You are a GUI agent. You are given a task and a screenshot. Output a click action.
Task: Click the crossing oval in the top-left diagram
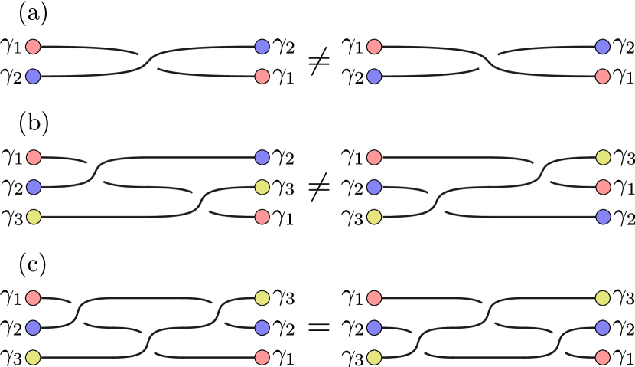pyautogui.click(x=148, y=61)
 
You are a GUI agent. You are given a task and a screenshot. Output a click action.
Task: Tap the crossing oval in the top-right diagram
pyautogui.click(x=488, y=61)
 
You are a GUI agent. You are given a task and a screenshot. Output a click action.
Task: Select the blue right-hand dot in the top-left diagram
pyautogui.click(x=262, y=47)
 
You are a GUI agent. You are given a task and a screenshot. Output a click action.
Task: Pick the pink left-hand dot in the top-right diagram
pyautogui.click(x=374, y=47)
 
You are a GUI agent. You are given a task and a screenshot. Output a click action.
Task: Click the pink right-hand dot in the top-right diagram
pyautogui.click(x=602, y=77)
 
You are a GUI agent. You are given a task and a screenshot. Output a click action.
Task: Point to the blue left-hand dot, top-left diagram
pyautogui.click(x=33, y=77)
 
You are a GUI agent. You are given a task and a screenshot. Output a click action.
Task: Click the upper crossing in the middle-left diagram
pyautogui.click(x=95, y=172)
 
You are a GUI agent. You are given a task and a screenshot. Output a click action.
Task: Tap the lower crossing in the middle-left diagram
pyautogui.click(x=200, y=202)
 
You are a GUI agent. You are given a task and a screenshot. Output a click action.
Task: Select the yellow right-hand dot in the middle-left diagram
pyautogui.click(x=262, y=187)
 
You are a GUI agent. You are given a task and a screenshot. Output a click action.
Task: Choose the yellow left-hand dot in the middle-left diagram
pyautogui.click(x=34, y=217)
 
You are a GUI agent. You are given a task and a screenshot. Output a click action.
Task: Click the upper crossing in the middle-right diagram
pyautogui.click(x=542, y=172)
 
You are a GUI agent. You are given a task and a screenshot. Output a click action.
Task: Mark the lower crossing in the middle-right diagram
pyautogui.click(x=436, y=202)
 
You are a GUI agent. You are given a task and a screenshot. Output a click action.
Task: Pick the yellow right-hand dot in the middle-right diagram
pyautogui.click(x=603, y=157)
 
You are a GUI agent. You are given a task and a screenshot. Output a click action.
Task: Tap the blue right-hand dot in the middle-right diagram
pyautogui.click(x=603, y=217)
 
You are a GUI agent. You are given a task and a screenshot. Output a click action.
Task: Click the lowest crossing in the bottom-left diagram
pyautogui.click(x=148, y=342)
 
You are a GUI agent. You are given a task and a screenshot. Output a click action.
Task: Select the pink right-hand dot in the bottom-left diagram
pyautogui.click(x=262, y=358)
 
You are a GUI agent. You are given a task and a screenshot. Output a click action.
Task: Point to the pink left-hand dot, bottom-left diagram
pyautogui.click(x=33, y=298)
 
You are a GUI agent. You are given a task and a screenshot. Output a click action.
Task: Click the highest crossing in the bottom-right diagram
pyautogui.click(x=488, y=313)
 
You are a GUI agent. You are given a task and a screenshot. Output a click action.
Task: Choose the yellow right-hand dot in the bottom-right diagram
pyautogui.click(x=603, y=298)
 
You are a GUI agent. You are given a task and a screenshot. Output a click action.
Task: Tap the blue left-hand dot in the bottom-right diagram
pyautogui.click(x=374, y=328)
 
